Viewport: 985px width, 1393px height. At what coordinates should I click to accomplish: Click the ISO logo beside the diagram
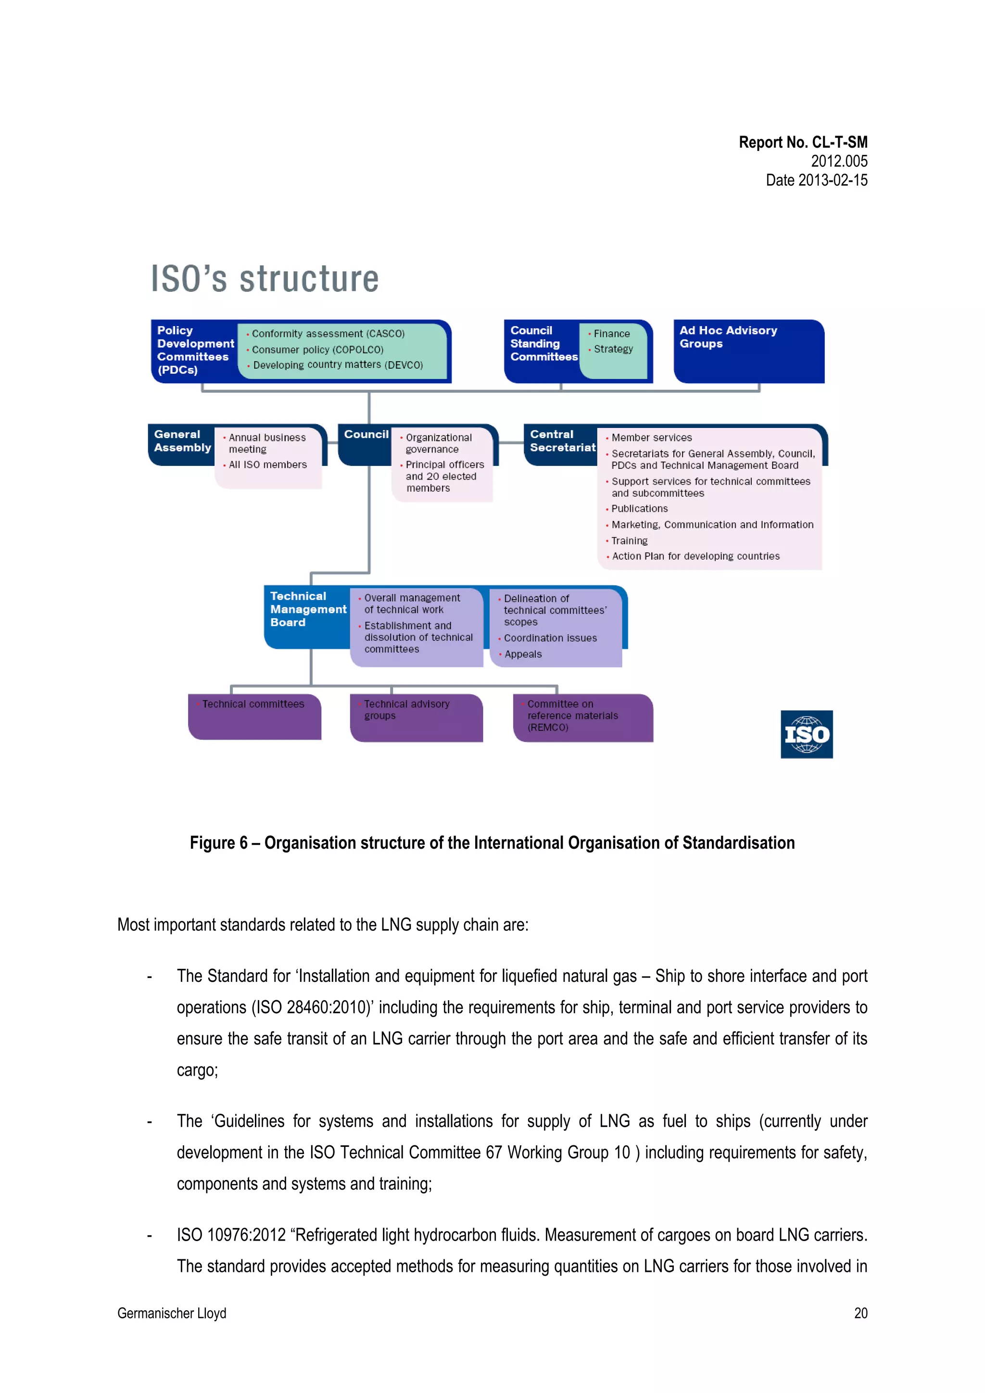tap(806, 734)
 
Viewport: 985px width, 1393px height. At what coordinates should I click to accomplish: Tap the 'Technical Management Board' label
tap(307, 609)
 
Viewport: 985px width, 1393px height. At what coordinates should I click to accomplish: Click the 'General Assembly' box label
tap(182, 441)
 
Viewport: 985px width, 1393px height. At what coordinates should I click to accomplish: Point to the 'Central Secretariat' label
tap(562, 441)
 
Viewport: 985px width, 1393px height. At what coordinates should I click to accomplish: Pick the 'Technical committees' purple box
tap(254, 716)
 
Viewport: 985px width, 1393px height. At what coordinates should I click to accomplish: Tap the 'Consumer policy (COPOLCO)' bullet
tap(317, 350)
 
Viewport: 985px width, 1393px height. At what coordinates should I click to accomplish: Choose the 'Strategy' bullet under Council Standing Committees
tap(613, 349)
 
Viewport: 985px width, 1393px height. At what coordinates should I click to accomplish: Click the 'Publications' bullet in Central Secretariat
tap(639, 508)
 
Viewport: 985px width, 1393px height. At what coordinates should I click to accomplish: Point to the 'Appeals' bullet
tap(522, 654)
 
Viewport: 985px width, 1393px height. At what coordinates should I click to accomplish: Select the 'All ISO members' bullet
tap(267, 465)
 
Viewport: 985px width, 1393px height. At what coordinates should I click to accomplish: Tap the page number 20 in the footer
tap(860, 1313)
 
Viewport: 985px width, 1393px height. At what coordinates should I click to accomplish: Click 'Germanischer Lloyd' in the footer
tap(172, 1313)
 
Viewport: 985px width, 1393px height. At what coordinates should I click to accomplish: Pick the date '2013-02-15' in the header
tap(832, 180)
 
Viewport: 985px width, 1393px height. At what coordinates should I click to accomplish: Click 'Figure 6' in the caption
tap(218, 843)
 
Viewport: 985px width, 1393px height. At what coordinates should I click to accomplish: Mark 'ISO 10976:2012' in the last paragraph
tap(231, 1235)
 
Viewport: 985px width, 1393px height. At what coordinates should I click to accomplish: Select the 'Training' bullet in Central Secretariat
tap(630, 540)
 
